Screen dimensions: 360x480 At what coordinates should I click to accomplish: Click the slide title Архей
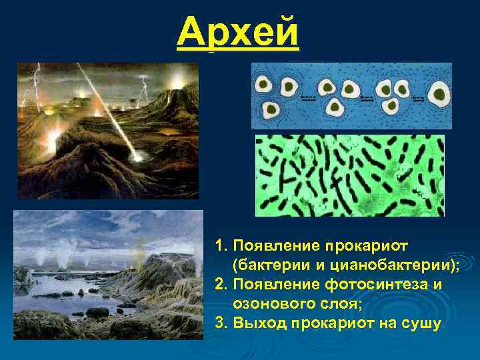[x=239, y=32]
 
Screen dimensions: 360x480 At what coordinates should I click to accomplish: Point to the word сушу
[x=421, y=324]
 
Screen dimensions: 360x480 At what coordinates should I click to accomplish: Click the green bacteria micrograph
[x=350, y=175]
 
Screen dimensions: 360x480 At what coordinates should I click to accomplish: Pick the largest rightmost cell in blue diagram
[x=439, y=93]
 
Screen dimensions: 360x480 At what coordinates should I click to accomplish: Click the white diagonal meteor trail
[x=107, y=107]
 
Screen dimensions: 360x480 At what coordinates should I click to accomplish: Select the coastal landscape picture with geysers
[x=108, y=275]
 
